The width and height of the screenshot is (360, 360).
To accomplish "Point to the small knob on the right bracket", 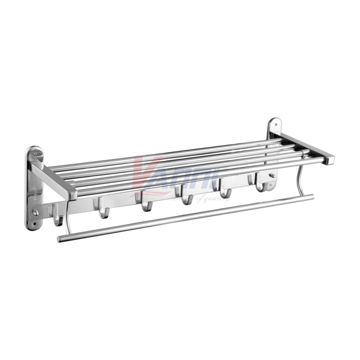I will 273,175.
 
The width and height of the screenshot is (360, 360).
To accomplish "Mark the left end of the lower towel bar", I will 60,238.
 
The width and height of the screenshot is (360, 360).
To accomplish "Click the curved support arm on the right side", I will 300,178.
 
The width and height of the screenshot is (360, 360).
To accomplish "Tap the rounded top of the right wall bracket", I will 274,121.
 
